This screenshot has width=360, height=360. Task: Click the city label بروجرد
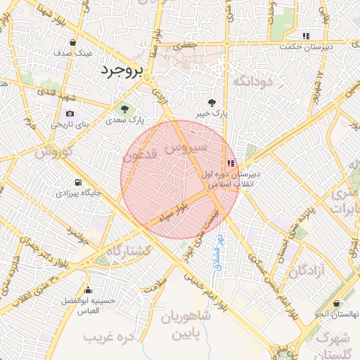(122, 70)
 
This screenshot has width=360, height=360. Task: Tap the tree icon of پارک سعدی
(125, 110)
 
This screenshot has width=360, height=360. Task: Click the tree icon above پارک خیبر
(213, 102)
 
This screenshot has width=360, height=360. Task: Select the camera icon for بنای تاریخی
(70, 114)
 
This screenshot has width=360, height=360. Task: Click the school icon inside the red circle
(231, 162)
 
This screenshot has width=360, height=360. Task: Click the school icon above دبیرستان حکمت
(306, 36)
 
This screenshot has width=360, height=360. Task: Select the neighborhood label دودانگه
(251, 82)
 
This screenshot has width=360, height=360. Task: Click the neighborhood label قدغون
(139, 155)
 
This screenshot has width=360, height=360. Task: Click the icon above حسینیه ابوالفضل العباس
(88, 290)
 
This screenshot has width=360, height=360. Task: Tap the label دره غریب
(109, 337)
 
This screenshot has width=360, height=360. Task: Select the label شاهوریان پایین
(186, 325)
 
